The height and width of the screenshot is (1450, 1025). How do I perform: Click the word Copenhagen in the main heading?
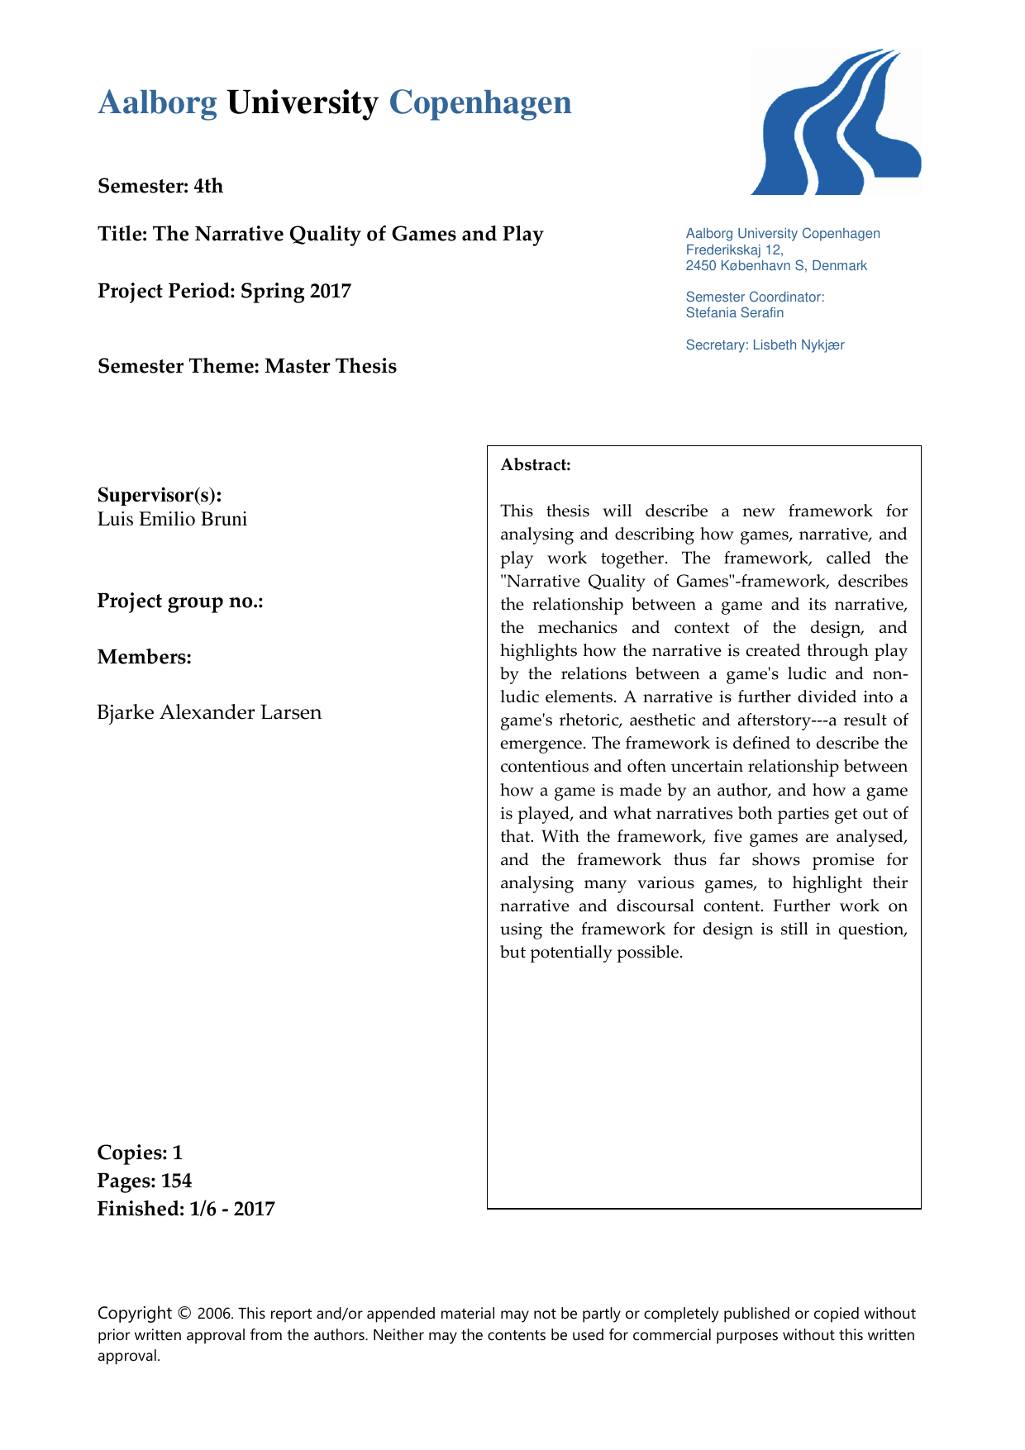pos(479,103)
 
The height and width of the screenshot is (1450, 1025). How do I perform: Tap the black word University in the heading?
pos(302,103)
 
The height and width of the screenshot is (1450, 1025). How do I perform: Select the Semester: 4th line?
pos(160,186)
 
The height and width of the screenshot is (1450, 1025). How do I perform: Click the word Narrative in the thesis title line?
pos(240,234)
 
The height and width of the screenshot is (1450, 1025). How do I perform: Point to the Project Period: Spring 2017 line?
pos(224,291)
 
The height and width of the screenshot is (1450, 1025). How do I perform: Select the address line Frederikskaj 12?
pos(734,250)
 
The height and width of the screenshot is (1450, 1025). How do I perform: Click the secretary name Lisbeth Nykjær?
pos(798,345)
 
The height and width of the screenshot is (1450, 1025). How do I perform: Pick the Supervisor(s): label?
pos(160,495)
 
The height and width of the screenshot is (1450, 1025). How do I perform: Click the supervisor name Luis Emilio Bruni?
pos(172,519)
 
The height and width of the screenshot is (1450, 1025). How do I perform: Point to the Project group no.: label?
pos(180,601)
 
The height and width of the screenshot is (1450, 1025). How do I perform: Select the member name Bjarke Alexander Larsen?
pos(209,712)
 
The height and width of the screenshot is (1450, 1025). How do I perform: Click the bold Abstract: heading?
pos(536,464)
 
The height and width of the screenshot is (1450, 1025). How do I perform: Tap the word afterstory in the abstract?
pos(775,720)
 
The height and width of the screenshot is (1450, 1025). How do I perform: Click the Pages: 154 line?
pos(145,1181)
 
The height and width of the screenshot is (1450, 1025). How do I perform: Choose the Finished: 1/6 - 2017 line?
pos(186,1209)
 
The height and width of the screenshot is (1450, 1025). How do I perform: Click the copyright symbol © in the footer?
pos(184,1314)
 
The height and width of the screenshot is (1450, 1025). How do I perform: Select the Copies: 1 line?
pos(140,1153)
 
